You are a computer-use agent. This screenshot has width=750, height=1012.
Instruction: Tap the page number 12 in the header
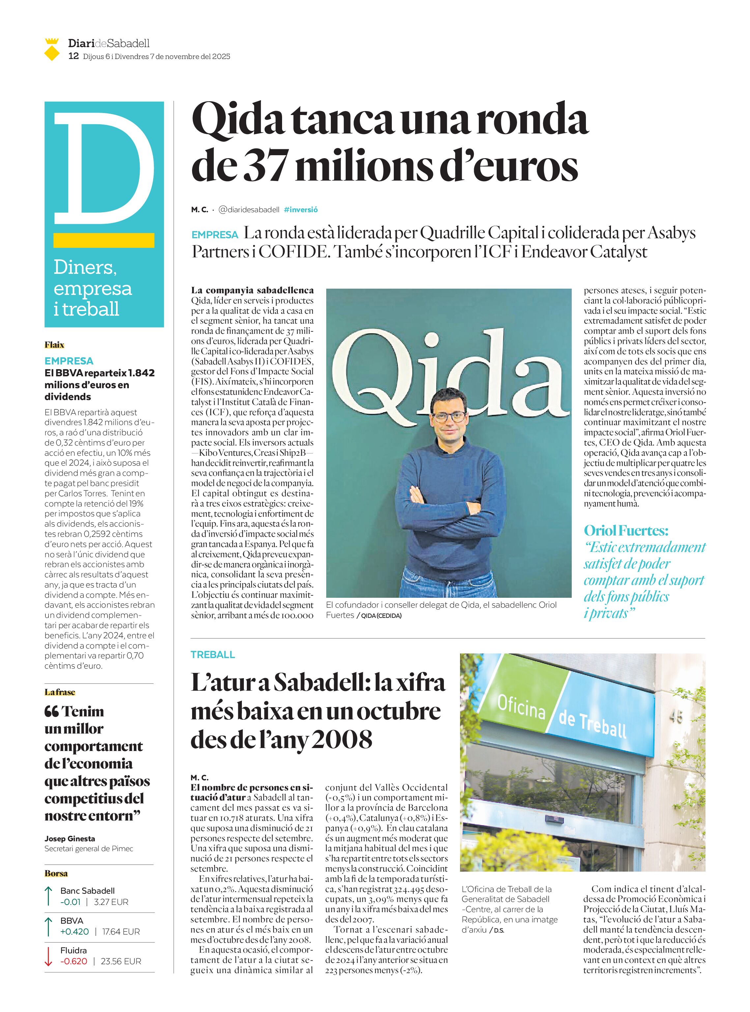pos(73,57)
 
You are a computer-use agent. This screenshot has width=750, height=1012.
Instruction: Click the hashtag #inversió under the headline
pos(301,210)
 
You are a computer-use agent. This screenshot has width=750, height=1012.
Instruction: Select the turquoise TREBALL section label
pos(213,655)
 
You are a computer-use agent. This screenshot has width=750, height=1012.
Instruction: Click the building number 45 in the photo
pos(676,717)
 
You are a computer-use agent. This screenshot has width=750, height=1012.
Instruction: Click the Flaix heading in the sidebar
pos(54,345)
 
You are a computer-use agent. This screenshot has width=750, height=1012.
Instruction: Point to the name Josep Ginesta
pos(70,839)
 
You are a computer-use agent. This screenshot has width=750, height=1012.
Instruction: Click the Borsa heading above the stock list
pos(56,874)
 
